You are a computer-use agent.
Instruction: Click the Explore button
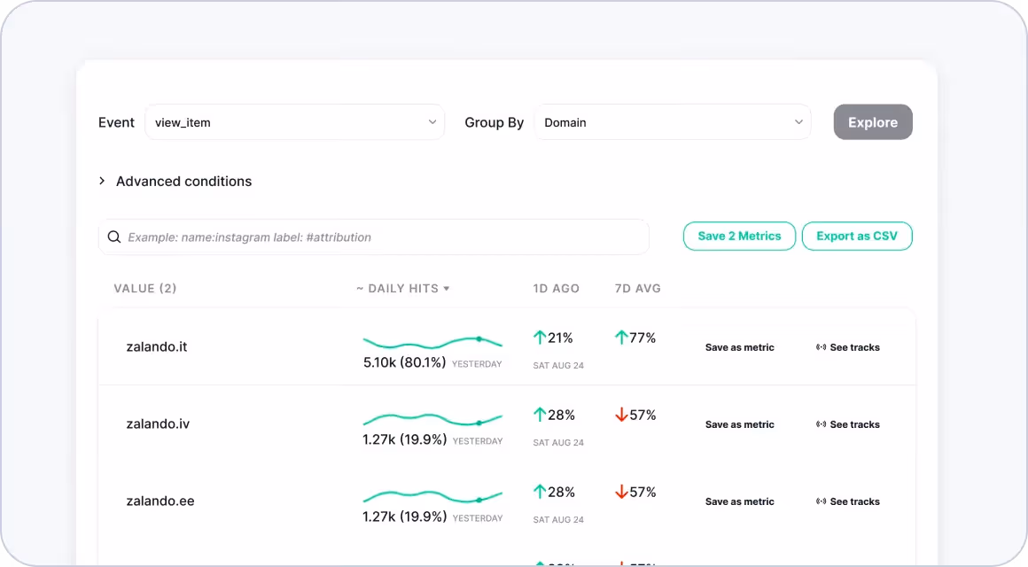(873, 122)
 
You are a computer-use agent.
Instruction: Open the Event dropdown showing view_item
(294, 122)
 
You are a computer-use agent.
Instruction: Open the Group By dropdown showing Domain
(673, 122)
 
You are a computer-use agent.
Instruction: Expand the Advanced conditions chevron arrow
(102, 181)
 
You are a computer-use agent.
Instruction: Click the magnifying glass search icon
(114, 237)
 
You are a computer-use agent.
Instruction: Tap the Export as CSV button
(857, 236)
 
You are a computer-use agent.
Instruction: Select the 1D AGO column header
(556, 289)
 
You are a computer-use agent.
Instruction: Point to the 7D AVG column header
(638, 289)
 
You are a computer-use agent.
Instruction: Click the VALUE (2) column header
(144, 289)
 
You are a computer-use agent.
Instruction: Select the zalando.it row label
(157, 346)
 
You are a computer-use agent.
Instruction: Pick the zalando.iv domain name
(158, 424)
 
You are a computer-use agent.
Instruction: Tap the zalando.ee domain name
(160, 501)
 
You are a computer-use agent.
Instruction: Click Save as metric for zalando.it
(739, 347)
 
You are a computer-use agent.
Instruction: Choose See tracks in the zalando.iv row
(848, 424)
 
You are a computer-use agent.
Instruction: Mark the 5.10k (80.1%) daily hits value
(404, 362)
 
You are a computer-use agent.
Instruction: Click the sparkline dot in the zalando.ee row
(479, 501)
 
